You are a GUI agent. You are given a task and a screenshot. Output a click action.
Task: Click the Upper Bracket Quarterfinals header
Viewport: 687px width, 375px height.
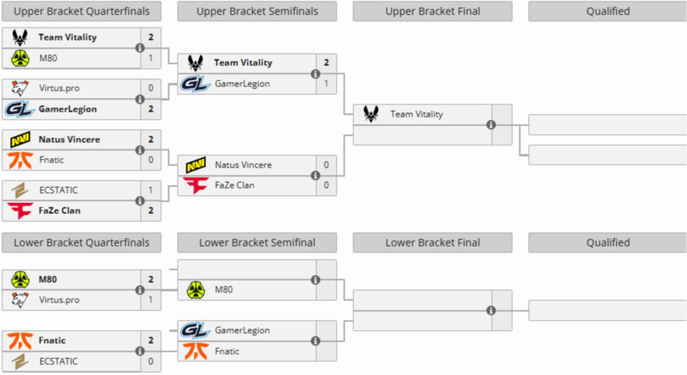pyautogui.click(x=81, y=12)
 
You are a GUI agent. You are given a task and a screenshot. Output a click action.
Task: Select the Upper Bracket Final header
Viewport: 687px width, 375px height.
pyautogui.click(x=432, y=12)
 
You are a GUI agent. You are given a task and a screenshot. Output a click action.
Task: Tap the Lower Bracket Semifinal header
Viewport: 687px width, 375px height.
pyautogui.click(x=257, y=243)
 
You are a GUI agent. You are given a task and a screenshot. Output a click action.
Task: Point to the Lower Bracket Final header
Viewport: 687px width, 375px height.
pyautogui.click(x=432, y=243)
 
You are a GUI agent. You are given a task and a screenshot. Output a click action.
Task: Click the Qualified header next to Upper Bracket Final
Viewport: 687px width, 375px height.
pyautogui.click(x=608, y=12)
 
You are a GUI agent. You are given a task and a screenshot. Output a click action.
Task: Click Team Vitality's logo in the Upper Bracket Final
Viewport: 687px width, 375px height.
pyautogui.click(x=371, y=115)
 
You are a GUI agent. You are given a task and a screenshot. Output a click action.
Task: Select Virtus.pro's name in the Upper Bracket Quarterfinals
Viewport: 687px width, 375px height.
pyautogui.click(x=59, y=88)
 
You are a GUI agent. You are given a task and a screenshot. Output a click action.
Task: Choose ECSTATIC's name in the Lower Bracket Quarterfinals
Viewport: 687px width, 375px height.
pyautogui.click(x=58, y=361)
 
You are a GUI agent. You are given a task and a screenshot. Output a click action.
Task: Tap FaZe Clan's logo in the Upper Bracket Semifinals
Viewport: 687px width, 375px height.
pyautogui.click(x=196, y=186)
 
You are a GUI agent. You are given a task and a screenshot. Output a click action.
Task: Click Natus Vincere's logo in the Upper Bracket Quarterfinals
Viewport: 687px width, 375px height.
pyautogui.click(x=20, y=139)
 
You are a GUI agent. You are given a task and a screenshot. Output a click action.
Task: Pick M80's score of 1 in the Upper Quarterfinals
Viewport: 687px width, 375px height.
pyautogui.click(x=151, y=58)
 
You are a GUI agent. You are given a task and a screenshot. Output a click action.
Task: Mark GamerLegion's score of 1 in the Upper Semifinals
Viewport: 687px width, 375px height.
pyautogui.click(x=326, y=84)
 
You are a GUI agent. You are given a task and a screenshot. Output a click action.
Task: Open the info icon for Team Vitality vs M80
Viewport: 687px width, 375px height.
pyautogui.click(x=139, y=48)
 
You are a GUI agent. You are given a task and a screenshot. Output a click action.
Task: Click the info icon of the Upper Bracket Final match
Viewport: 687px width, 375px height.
pyautogui.click(x=491, y=125)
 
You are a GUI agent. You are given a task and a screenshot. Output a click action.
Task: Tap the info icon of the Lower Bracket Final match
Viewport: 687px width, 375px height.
pyautogui.click(x=491, y=310)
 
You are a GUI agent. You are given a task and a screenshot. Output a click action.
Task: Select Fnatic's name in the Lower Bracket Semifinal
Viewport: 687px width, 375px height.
pyautogui.click(x=227, y=352)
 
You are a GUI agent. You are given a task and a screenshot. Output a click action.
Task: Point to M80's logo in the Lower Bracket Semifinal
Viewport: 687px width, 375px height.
pyautogui.click(x=196, y=290)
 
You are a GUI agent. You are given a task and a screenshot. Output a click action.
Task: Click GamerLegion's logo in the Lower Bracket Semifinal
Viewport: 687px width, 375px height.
pyautogui.click(x=196, y=331)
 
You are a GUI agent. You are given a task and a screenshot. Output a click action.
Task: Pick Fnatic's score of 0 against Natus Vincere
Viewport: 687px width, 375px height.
pyautogui.click(x=151, y=160)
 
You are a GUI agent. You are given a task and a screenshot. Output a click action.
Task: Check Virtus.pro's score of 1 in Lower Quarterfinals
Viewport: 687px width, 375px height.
pyautogui.click(x=151, y=300)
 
